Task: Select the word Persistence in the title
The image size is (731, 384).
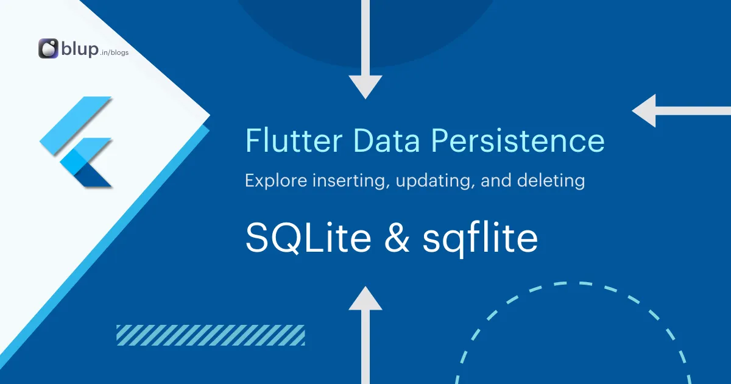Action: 518,140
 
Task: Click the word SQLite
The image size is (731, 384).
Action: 308,238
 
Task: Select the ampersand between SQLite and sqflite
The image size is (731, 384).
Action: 397,238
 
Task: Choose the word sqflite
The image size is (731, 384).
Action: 480,238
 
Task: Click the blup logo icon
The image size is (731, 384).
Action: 48,49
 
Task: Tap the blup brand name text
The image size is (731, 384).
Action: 79,49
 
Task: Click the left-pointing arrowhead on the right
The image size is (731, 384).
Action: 644,111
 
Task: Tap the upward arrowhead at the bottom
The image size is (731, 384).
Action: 365,298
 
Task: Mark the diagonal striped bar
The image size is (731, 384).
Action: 210,335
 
